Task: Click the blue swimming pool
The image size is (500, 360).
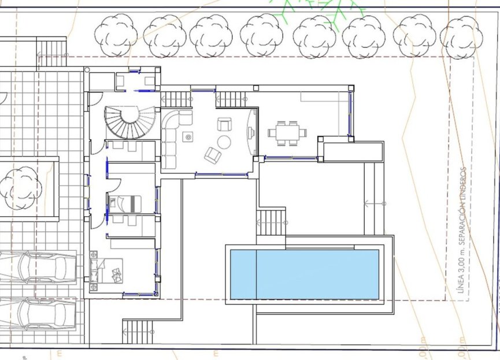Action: [x=305, y=274]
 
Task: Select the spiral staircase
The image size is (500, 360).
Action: [x=131, y=123]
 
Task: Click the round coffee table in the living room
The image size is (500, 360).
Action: [x=224, y=142]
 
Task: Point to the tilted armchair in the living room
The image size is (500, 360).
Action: [x=212, y=155]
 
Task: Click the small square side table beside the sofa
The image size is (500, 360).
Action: [x=187, y=137]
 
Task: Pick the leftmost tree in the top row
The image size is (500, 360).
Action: [x=116, y=34]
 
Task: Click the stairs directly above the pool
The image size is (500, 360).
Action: [x=271, y=222]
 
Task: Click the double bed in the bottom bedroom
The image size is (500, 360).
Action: [x=110, y=270]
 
